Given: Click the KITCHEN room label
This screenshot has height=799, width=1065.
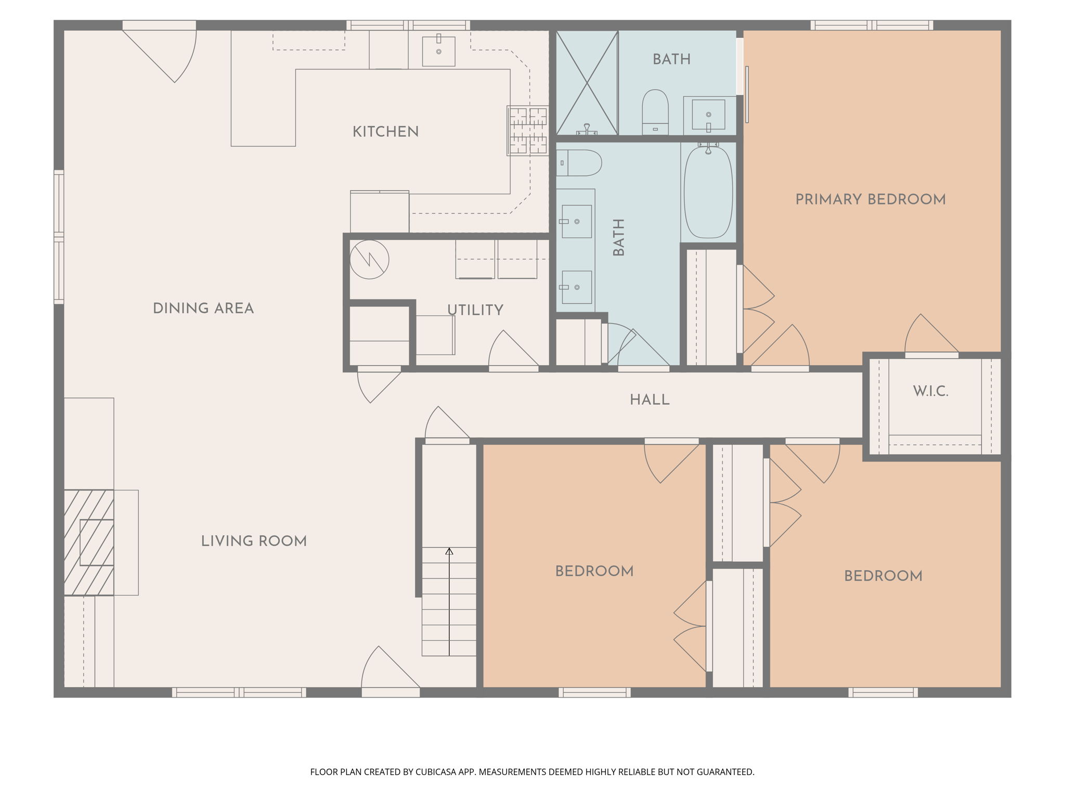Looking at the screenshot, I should click(385, 132).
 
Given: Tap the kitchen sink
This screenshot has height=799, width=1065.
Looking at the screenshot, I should click(438, 51).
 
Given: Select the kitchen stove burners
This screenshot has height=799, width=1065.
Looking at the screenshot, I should click(528, 131).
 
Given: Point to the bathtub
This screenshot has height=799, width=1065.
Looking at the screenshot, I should click(708, 192).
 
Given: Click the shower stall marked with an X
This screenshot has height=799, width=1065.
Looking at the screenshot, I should click(587, 83).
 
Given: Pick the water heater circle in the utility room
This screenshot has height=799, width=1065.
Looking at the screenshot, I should click(369, 259).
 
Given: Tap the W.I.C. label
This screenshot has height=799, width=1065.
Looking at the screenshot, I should click(930, 392).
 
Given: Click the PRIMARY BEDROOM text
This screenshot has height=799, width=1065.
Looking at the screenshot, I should click(870, 200).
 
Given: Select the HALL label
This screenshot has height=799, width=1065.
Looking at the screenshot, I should click(649, 400).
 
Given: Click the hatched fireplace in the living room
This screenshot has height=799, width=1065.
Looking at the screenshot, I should click(89, 543).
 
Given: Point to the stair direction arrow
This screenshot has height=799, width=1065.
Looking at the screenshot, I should click(449, 598).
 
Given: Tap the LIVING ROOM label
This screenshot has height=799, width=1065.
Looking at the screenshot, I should click(254, 542).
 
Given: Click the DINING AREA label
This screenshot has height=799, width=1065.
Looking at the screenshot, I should click(203, 309).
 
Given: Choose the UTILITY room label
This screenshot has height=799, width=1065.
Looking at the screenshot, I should click(475, 311).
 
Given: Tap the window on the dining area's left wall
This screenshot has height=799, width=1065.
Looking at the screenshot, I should click(59, 237).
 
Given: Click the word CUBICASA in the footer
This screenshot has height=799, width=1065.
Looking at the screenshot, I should click(436, 772).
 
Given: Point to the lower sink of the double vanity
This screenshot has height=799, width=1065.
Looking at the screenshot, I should click(576, 287).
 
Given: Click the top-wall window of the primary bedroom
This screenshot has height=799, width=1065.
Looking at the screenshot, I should click(871, 25).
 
